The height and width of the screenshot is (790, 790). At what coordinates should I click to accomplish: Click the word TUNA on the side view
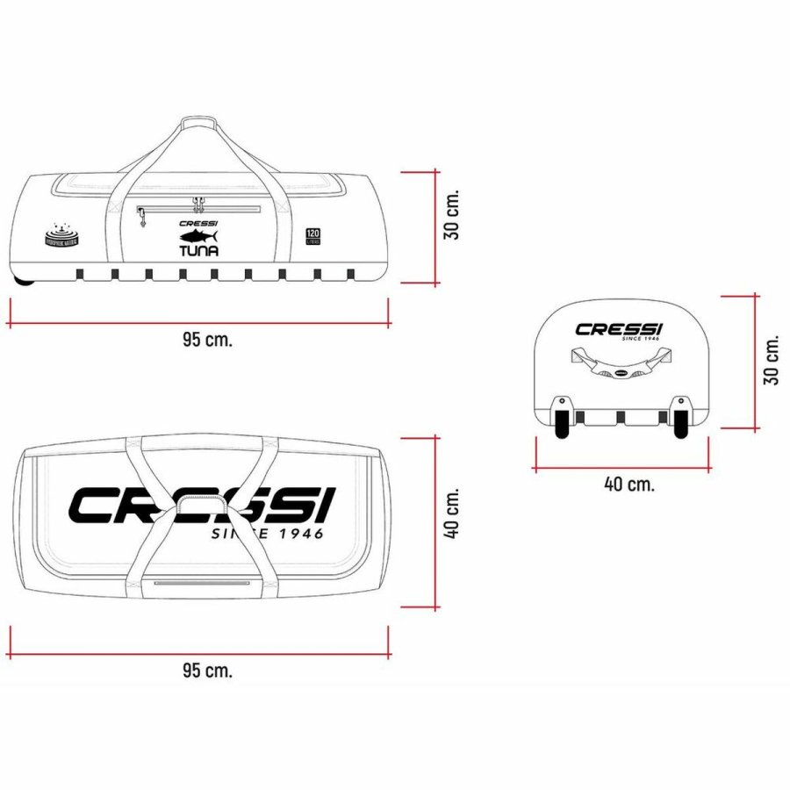[198, 249]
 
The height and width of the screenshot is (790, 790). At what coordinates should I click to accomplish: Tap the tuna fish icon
[197, 236]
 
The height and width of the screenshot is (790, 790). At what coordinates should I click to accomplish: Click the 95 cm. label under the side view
[208, 341]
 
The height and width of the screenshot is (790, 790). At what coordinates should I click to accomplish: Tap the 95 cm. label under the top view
[208, 671]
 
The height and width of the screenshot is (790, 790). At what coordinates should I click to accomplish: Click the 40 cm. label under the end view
[629, 484]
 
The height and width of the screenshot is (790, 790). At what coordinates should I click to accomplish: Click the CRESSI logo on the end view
[620, 330]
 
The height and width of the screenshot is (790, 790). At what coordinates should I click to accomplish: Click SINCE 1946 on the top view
[268, 533]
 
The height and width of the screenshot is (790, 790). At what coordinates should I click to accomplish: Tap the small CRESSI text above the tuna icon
[198, 223]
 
